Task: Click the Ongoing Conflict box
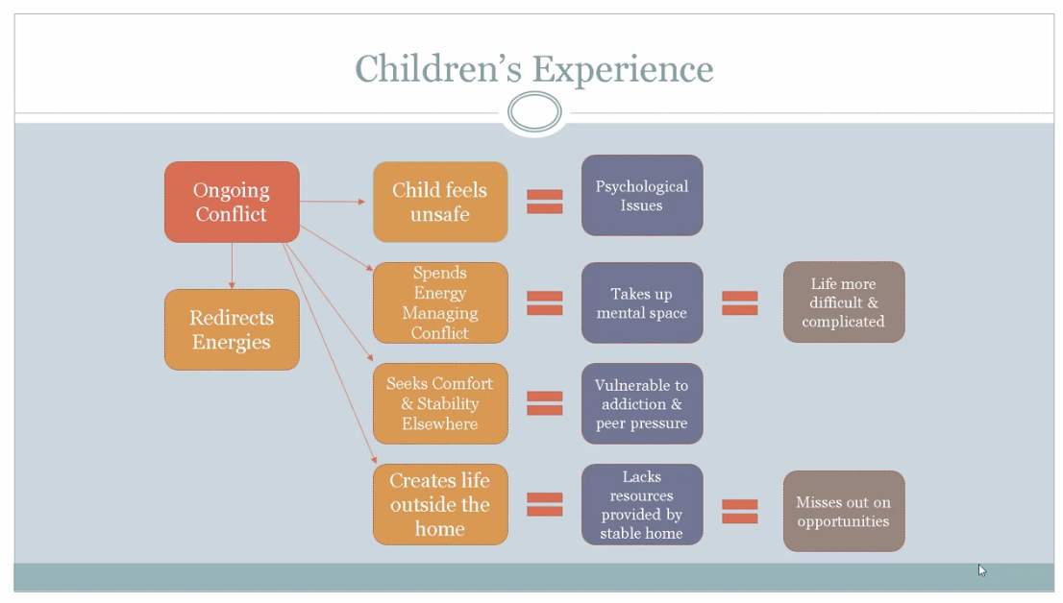pos(232,202)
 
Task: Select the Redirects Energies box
pos(232,330)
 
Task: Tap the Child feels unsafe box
pos(440,202)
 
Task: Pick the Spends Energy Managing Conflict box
pos(440,302)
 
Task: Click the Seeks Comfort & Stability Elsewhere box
pos(440,404)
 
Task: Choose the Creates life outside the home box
pos(440,505)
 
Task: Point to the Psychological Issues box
pos(642,195)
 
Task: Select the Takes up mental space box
pos(642,302)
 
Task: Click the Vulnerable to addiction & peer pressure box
pos(642,404)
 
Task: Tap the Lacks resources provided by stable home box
pos(642,505)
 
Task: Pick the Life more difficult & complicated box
pos(844,302)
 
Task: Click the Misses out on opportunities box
pos(844,512)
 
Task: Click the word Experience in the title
pos(623,69)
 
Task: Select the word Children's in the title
pos(439,68)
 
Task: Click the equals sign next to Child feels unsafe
pos(545,202)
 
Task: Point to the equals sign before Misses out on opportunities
pos(740,512)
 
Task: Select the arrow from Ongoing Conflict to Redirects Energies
pos(232,266)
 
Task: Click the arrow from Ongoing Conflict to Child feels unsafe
pos(333,202)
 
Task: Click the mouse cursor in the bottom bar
pos(981,570)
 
